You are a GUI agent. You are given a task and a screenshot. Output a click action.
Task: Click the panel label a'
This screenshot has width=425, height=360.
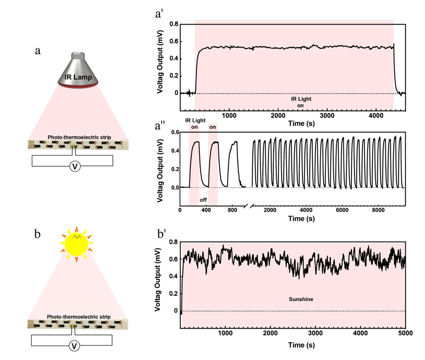click(159, 14)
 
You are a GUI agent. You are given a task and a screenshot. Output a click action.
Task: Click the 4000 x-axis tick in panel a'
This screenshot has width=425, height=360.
click(373, 116)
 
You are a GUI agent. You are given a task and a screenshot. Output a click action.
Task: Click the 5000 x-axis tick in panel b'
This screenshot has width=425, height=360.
click(405, 334)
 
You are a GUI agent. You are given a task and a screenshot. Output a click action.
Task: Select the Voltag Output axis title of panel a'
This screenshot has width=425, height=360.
click(160, 59)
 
